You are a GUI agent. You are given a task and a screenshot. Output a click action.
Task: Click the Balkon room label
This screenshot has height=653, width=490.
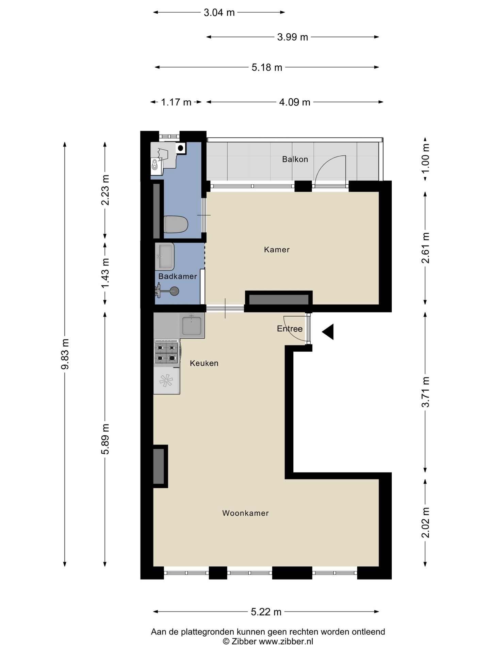[x=295, y=159]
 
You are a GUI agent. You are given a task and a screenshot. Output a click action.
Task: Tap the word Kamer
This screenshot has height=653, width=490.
[x=277, y=250]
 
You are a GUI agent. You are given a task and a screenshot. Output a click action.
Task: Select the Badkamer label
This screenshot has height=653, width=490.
[x=178, y=276]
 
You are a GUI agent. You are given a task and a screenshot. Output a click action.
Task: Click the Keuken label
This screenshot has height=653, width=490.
[x=204, y=363]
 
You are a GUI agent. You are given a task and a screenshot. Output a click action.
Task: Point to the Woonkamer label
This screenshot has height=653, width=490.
[x=245, y=513]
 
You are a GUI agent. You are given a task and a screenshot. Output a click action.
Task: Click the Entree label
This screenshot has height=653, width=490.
[x=290, y=329]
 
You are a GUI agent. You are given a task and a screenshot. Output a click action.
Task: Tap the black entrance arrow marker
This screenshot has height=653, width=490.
[x=328, y=332]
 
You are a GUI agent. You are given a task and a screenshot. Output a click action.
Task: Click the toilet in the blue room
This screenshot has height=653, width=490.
[x=176, y=224]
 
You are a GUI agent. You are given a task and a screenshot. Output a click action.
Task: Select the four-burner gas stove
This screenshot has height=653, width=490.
[x=167, y=352]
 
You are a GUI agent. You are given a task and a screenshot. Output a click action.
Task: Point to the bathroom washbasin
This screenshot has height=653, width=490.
[x=165, y=256]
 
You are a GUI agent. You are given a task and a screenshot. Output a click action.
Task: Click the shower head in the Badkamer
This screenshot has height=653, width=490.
[x=174, y=291]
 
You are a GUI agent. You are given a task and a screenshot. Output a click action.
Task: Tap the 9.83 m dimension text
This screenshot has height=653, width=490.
[x=65, y=354]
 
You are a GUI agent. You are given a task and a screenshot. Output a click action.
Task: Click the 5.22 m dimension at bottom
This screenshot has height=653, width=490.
[x=266, y=612]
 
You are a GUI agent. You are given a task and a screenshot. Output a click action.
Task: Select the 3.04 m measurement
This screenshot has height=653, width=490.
[x=219, y=13]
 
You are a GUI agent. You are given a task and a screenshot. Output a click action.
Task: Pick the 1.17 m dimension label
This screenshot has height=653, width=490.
[x=176, y=102]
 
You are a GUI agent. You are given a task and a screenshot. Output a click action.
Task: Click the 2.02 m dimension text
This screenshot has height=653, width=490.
[x=425, y=523]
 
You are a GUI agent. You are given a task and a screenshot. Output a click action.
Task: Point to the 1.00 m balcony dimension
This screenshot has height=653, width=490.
[x=425, y=158]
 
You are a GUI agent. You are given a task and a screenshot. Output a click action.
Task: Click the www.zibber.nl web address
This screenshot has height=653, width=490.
[x=286, y=641]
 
